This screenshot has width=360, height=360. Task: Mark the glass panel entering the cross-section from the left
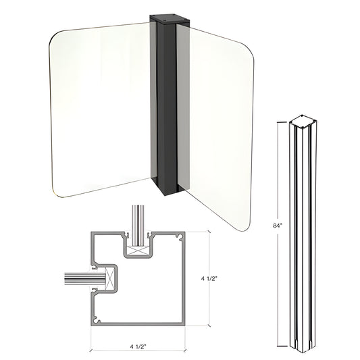tap(78, 277)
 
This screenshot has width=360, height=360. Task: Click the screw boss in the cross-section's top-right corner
tap(179, 237)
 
